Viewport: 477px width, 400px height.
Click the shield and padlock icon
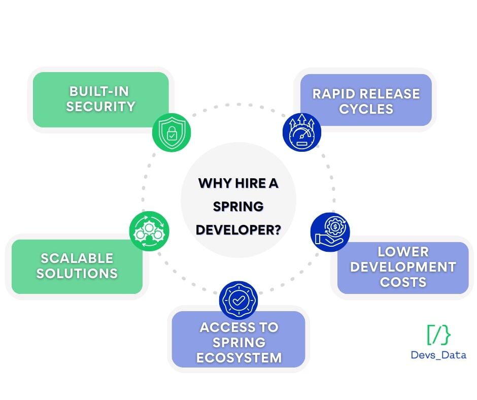click(x=172, y=132)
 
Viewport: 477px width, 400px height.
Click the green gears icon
click(x=149, y=231)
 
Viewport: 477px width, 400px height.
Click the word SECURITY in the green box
click(x=100, y=107)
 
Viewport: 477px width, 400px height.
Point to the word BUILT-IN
click(x=99, y=92)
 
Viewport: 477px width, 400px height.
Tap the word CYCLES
click(x=366, y=109)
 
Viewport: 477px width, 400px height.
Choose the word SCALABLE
click(x=77, y=258)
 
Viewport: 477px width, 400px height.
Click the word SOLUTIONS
click(x=77, y=273)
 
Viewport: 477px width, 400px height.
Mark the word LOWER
click(x=403, y=252)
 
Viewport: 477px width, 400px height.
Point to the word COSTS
click(x=403, y=282)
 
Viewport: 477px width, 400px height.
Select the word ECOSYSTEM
click(x=238, y=357)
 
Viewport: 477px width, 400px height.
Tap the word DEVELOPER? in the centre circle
click(x=238, y=229)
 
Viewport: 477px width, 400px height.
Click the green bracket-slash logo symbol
click(x=438, y=335)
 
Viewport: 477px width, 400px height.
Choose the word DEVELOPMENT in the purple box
click(x=403, y=267)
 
